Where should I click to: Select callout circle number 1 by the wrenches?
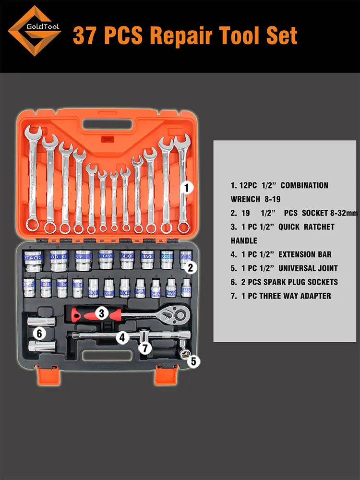[x=187, y=188]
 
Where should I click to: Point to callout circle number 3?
[x=101, y=313]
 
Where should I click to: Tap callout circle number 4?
[x=123, y=338]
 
